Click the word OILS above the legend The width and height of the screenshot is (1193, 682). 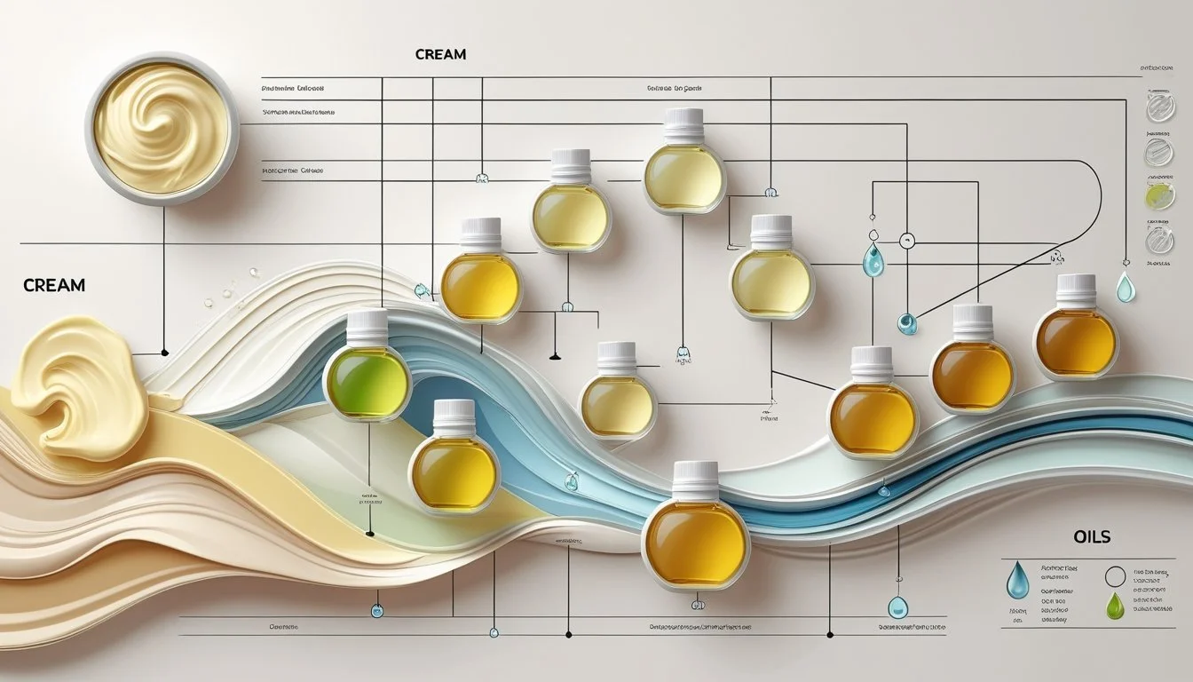(1091, 537)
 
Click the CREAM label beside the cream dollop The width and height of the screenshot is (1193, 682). (55, 286)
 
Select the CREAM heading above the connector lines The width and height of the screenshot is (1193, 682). (440, 55)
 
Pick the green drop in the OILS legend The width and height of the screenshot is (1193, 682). (1114, 606)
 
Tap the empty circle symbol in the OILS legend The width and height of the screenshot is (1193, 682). (1116, 577)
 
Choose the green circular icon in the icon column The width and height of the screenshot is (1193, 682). (1159, 195)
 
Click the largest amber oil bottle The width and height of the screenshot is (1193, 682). (695, 542)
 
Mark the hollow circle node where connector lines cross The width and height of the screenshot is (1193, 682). (906, 240)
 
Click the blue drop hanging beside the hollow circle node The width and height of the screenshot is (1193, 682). (873, 258)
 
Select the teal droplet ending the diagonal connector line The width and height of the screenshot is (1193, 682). (906, 323)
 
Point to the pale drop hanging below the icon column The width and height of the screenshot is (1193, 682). (1126, 286)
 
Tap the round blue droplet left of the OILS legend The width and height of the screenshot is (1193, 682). (897, 607)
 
